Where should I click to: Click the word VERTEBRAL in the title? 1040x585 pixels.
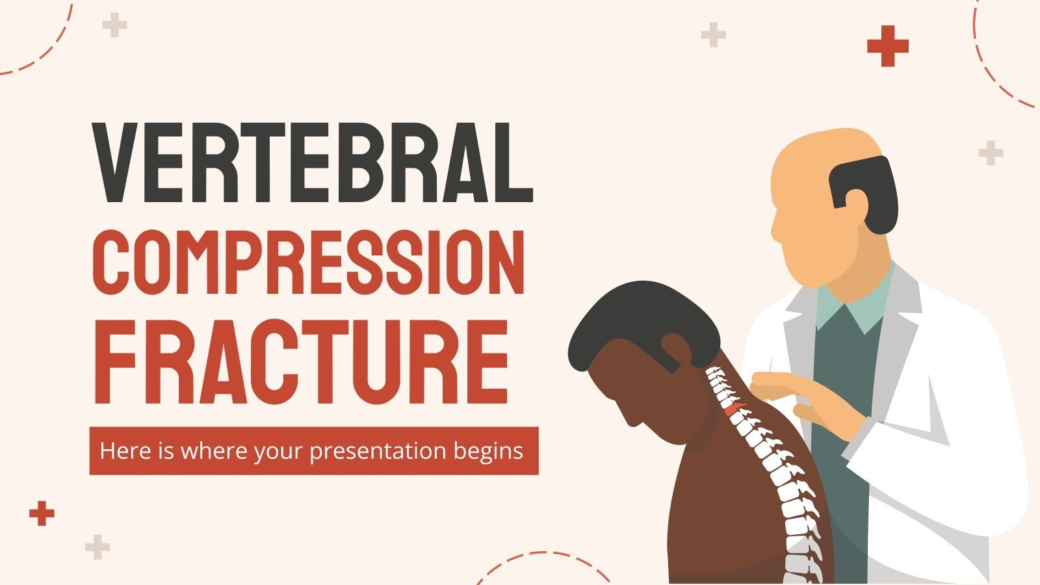[313, 162]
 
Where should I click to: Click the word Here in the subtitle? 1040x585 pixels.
[118, 450]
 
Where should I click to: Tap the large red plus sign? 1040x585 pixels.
[887, 46]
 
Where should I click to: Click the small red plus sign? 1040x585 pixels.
[42, 513]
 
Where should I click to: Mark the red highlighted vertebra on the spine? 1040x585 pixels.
[733, 409]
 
